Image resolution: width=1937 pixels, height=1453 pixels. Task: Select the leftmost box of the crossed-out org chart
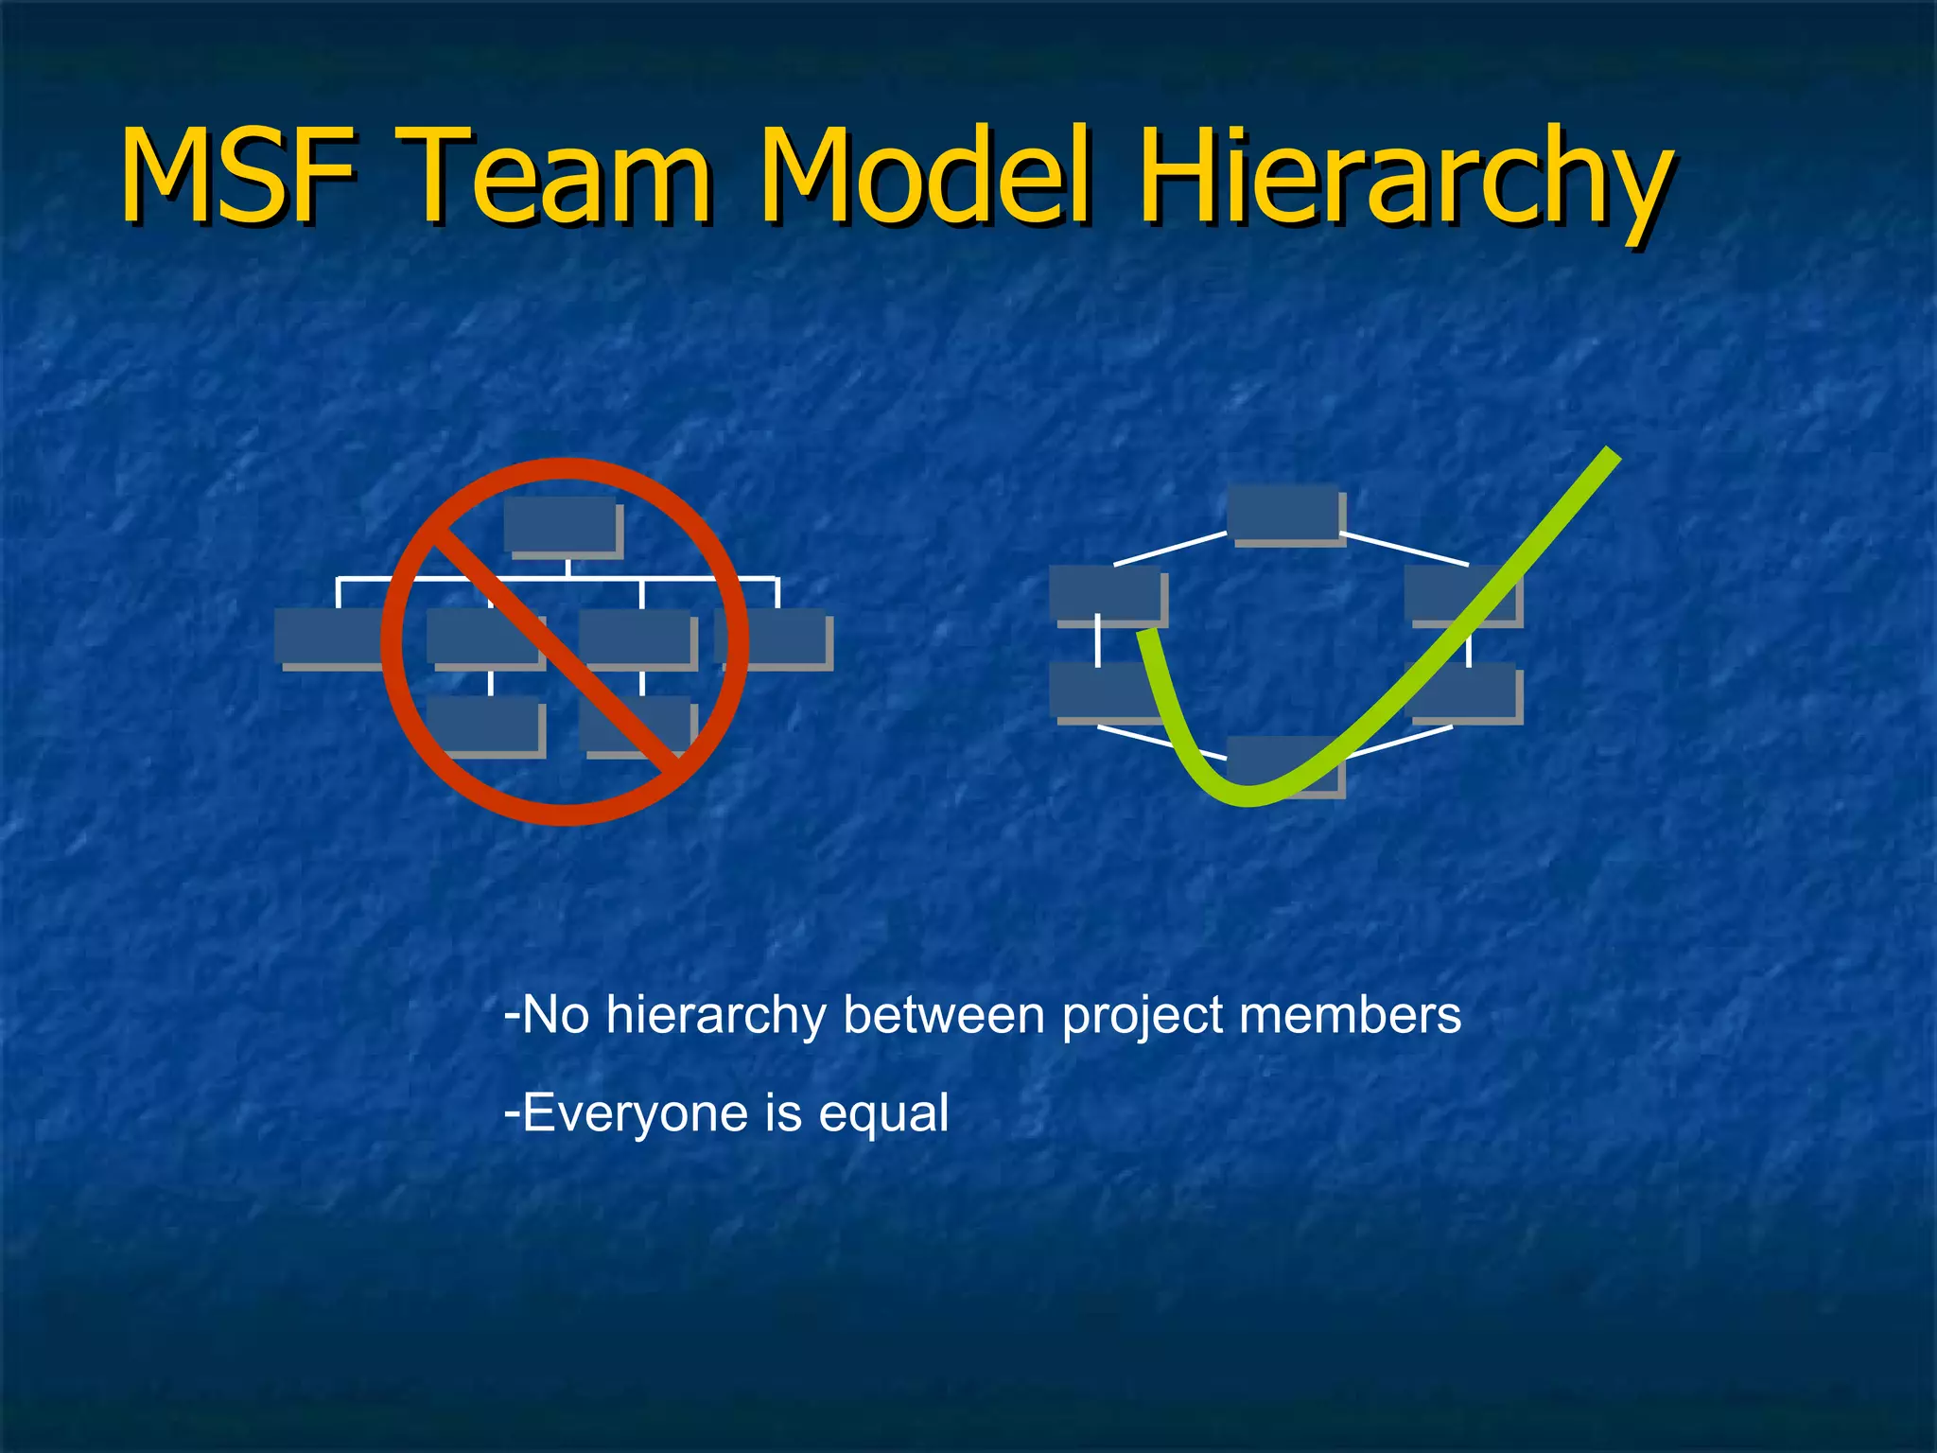(x=327, y=637)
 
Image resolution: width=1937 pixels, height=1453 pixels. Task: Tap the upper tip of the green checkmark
(x=1610, y=456)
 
